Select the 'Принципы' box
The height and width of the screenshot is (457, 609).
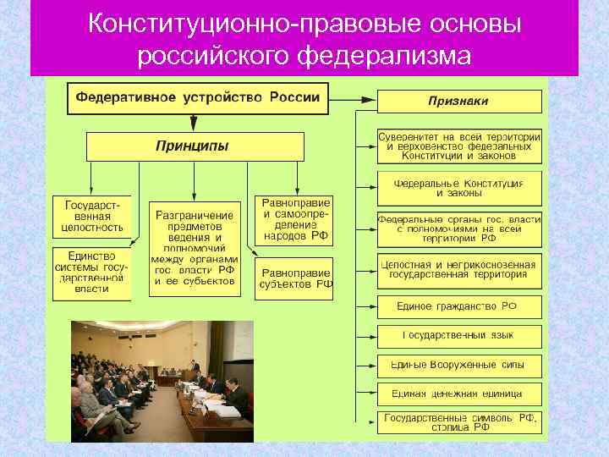(194, 146)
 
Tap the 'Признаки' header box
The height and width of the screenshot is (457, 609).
(458, 102)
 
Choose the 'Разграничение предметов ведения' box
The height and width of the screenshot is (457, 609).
(194, 249)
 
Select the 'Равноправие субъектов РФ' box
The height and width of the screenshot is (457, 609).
(295, 278)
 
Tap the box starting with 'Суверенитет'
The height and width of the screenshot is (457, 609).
(459, 146)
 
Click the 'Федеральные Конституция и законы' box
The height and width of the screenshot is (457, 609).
(459, 188)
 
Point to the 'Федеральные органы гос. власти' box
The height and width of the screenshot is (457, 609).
(459, 228)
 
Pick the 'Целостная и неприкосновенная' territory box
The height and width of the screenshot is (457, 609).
(459, 269)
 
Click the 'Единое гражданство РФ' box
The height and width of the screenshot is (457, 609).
(459, 306)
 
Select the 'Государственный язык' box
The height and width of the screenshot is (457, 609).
(459, 335)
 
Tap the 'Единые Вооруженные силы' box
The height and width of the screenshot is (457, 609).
(459, 365)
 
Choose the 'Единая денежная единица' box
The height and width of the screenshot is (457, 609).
(459, 394)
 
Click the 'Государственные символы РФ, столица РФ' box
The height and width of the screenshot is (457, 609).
(459, 422)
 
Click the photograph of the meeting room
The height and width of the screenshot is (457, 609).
(162, 381)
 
